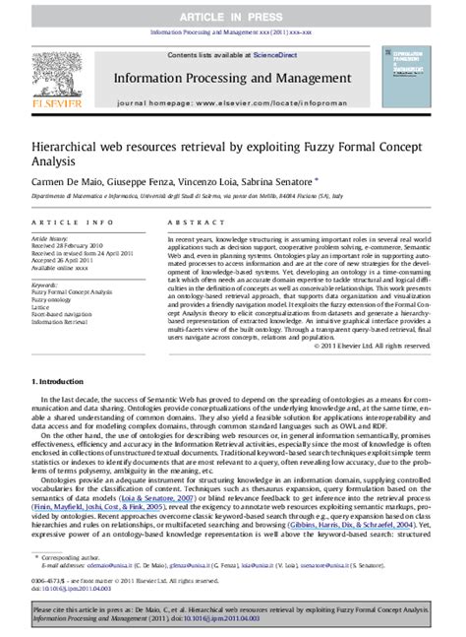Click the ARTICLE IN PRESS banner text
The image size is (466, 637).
(x=232, y=10)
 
